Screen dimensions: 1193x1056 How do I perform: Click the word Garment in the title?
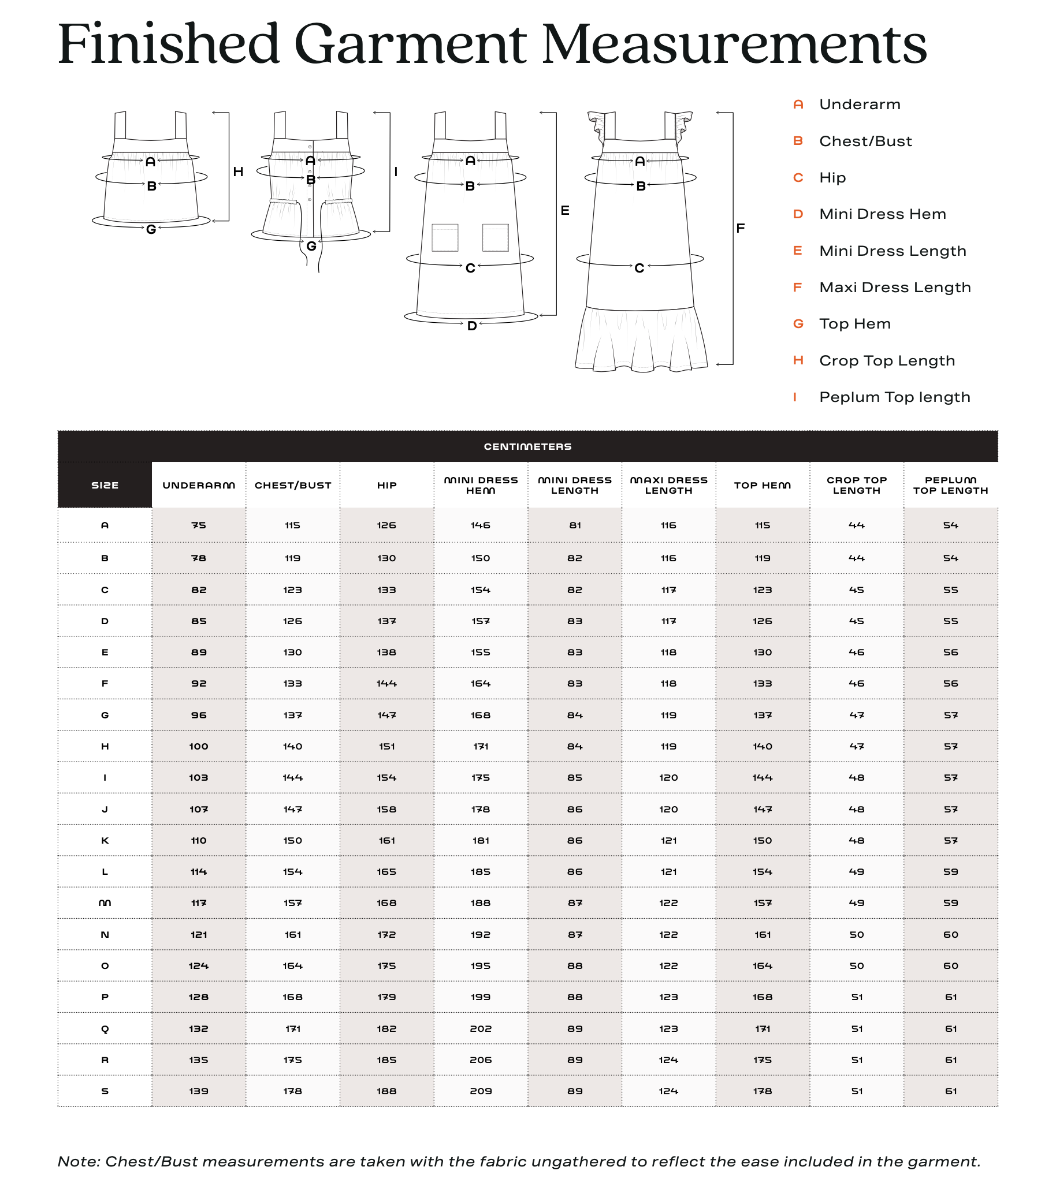[x=410, y=45]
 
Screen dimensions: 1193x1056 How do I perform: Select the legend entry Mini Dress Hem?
[x=882, y=214]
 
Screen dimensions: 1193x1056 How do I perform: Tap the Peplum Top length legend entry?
[x=894, y=397]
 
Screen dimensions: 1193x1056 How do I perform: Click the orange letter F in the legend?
[x=797, y=288]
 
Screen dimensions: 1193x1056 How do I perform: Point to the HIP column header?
[x=386, y=486]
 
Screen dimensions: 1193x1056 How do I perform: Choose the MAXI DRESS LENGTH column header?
[x=668, y=486]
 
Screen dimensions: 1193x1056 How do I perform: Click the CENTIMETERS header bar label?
[x=527, y=447]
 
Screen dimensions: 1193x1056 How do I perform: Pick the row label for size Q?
[x=105, y=1029]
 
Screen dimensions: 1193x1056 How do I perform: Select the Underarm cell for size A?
[x=199, y=525]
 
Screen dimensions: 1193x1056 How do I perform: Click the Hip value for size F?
[x=386, y=684]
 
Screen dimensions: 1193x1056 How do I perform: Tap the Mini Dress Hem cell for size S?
[x=481, y=1091]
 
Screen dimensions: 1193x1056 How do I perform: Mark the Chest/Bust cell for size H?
[x=292, y=747]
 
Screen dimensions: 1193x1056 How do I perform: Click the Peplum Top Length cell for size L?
[x=950, y=872]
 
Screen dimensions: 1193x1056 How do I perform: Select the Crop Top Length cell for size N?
[x=856, y=935]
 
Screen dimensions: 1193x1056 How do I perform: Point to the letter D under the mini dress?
[x=471, y=326]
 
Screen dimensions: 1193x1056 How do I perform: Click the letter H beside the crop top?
[x=238, y=172]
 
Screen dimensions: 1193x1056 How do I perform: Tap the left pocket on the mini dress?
[x=445, y=237]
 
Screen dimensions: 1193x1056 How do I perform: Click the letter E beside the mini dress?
[x=565, y=211]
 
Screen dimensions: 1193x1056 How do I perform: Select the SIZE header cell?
[x=105, y=486]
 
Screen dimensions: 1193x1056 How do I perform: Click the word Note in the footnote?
[x=78, y=1161]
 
